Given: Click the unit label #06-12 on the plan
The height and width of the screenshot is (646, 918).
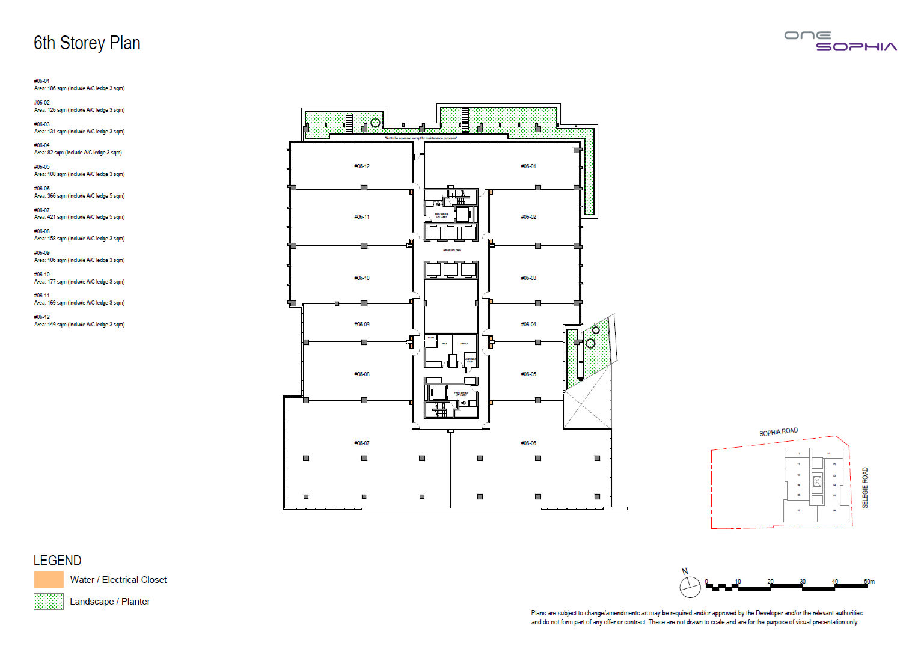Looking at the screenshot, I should tap(362, 166).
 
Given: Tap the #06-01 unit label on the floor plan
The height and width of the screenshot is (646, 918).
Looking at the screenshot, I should tap(528, 166).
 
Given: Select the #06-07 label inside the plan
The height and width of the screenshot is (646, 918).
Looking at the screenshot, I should tap(362, 443).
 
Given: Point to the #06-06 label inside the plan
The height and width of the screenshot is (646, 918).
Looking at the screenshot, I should tap(528, 443).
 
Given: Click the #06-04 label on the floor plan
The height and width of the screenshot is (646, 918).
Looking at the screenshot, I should tap(528, 325).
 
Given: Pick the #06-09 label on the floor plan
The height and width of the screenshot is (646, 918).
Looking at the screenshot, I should tap(362, 325).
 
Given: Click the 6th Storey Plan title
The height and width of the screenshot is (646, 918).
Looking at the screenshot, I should tap(87, 43).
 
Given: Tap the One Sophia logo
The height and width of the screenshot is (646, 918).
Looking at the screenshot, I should tap(840, 41).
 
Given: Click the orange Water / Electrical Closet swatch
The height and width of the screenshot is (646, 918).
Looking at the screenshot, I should tap(49, 579).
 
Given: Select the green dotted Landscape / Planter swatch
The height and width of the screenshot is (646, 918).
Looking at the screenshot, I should tap(49, 602).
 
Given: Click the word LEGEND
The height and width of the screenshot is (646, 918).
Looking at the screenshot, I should tap(57, 561).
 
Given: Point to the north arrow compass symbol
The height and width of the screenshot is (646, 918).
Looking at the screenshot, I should tap(690, 587).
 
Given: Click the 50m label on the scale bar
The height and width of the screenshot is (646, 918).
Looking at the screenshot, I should tap(869, 582).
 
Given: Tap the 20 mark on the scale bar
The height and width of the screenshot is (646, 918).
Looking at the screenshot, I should tap(770, 582).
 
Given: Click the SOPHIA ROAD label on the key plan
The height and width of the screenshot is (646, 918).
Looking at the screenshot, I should tap(779, 432).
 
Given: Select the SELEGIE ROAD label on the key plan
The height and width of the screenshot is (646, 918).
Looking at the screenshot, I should tap(865, 488).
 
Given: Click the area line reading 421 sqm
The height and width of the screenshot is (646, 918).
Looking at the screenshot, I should tap(79, 217).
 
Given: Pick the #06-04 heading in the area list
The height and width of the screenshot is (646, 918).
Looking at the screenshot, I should tap(42, 145).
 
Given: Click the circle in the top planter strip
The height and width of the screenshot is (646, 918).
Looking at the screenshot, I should tap(375, 123).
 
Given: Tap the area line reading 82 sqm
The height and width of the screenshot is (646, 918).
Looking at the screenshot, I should tap(78, 153).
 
